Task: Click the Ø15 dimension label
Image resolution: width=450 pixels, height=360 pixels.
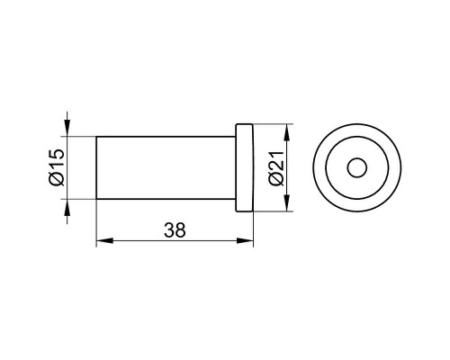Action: (x=55, y=167)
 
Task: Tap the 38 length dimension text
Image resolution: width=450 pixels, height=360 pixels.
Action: (x=175, y=229)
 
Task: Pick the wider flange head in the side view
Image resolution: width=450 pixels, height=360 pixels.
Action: (x=245, y=168)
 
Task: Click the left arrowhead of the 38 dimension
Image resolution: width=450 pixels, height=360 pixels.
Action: (x=101, y=240)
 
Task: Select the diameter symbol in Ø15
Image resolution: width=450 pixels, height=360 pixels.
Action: (x=55, y=181)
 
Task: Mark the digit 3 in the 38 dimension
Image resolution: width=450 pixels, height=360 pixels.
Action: (x=169, y=229)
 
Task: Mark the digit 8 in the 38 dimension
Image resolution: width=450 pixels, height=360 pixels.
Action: (x=180, y=229)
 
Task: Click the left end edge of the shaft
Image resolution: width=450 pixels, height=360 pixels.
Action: (x=96, y=168)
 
